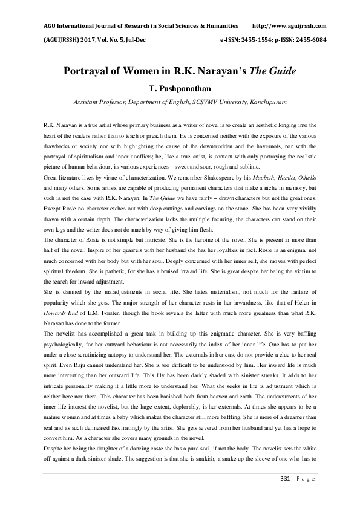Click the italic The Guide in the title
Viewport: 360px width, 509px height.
(275, 71)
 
